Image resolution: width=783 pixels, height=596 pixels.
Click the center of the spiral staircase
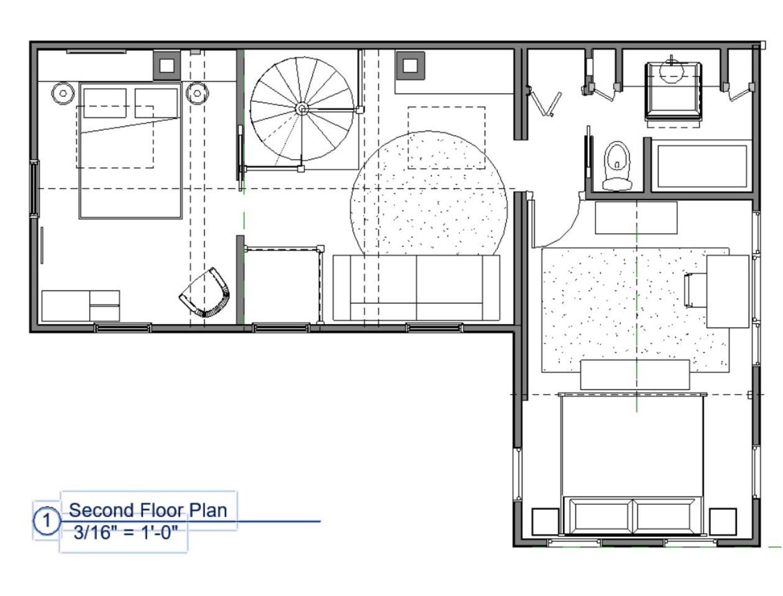pyautogui.click(x=301, y=109)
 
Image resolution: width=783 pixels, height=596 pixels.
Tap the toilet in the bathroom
pyautogui.click(x=617, y=166)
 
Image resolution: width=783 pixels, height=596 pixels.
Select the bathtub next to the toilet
pyautogui.click(x=702, y=166)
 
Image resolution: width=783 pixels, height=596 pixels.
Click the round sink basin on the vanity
pyautogui.click(x=671, y=71)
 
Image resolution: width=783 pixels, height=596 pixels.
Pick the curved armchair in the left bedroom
pyautogui.click(x=204, y=292)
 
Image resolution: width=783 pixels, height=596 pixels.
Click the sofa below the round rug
pyautogui.click(x=416, y=287)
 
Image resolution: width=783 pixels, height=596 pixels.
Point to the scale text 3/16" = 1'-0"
pyautogui.click(x=126, y=533)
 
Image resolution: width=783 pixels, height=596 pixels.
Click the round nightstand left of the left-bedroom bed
pyautogui.click(x=63, y=93)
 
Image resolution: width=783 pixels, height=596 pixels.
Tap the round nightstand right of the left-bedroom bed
pyautogui.click(x=197, y=93)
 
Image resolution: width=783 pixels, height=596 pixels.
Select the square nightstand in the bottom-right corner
pyautogui.click(x=723, y=521)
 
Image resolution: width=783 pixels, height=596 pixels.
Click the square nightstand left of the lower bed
pyautogui.click(x=545, y=521)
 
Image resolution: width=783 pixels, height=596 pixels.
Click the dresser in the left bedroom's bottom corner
pyautogui.click(x=80, y=305)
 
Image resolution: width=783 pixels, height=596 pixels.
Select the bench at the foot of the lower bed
pyautogui.click(x=635, y=375)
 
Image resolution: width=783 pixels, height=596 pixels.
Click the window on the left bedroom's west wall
pyautogui.click(x=35, y=189)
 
